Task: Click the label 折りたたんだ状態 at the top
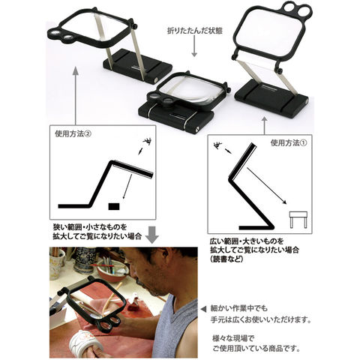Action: pos(194,31)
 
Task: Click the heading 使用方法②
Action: pos(73,133)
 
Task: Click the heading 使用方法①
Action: pos(288,142)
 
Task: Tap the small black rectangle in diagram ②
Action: pos(114,206)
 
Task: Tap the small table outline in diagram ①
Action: pos(298,220)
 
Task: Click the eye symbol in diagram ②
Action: pos(147,142)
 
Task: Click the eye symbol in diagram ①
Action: pos(217,145)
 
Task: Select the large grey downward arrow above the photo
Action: pos(151,235)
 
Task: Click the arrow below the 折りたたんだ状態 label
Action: pos(194,46)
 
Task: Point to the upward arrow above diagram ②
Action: pos(76,96)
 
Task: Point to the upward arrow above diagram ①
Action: pos(265,126)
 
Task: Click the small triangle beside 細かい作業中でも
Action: pos(204,309)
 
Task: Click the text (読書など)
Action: pos(226,259)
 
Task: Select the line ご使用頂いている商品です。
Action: pos(256,348)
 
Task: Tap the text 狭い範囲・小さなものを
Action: pos(90,227)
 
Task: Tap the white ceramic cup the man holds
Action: pos(85,342)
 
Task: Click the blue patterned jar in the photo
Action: pos(85,260)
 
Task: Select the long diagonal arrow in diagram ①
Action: pos(267,186)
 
